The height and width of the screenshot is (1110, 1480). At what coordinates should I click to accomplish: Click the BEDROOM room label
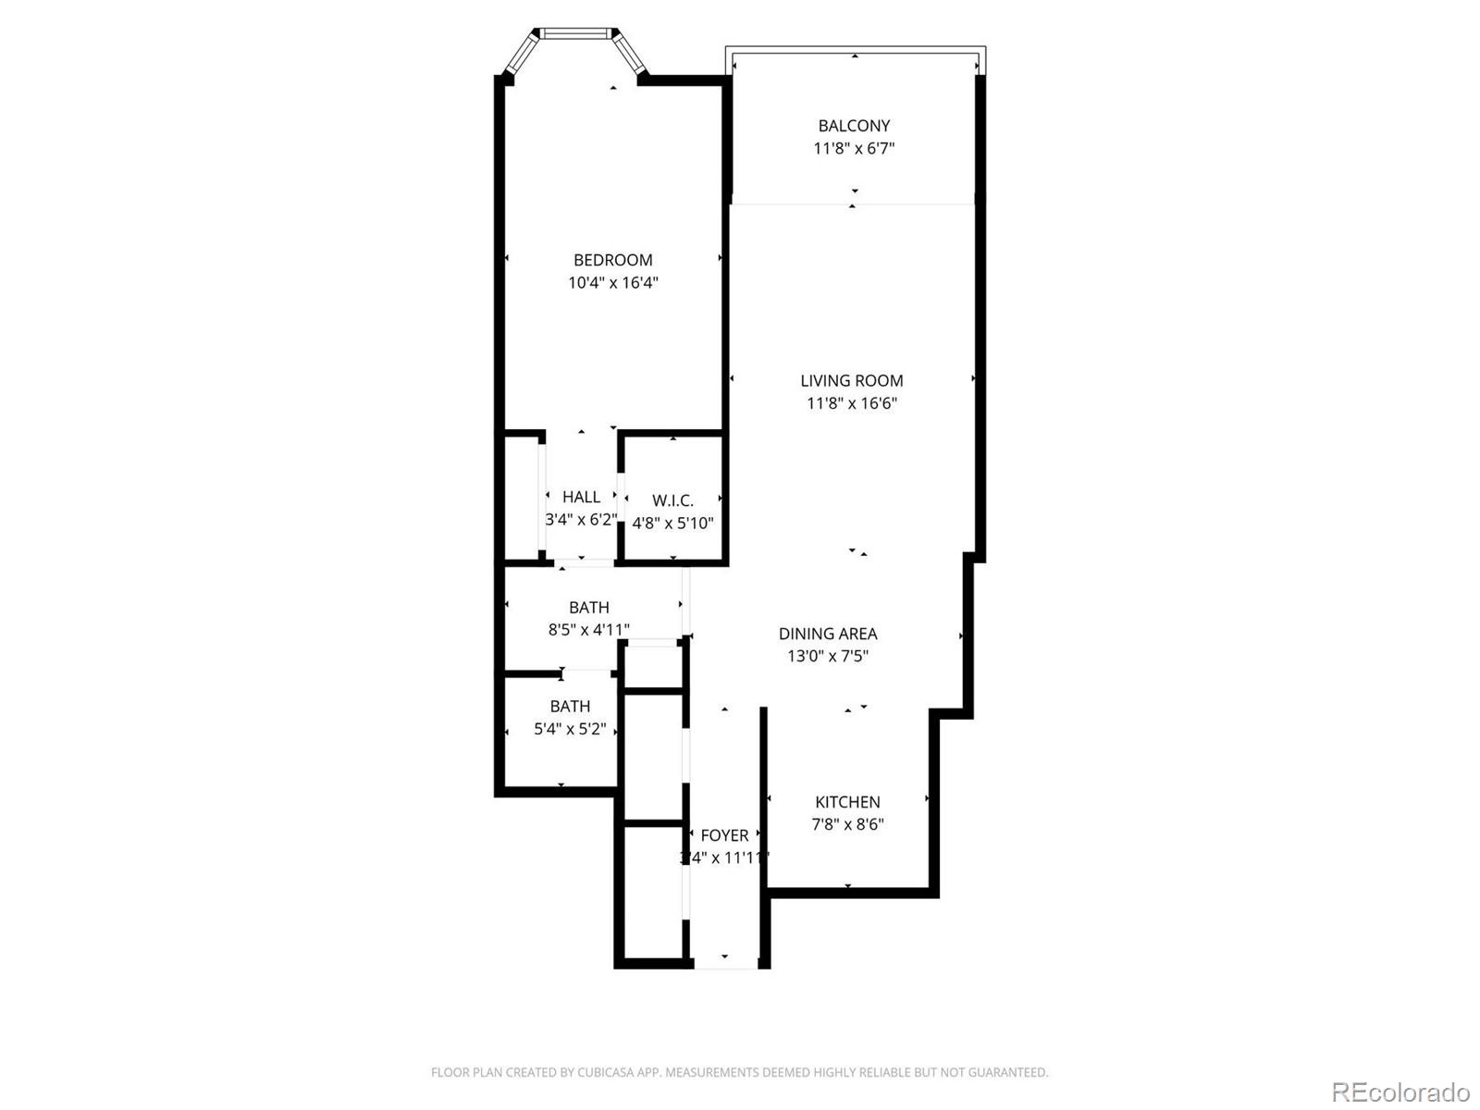(x=612, y=260)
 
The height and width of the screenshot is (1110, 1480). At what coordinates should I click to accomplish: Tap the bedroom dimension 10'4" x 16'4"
(x=612, y=283)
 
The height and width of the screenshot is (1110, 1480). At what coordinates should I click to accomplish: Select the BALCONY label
(x=854, y=126)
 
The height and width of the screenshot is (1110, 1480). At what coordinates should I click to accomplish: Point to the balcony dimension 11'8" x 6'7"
(x=854, y=148)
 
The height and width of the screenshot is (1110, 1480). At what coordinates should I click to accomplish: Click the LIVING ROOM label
(x=851, y=380)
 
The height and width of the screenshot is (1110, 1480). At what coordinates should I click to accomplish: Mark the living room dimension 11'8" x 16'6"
(x=851, y=403)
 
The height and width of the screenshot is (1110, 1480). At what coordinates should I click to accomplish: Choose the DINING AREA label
(x=827, y=634)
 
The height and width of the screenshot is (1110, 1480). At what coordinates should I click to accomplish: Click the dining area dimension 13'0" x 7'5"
(x=827, y=657)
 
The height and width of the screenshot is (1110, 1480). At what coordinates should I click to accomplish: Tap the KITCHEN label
(x=847, y=802)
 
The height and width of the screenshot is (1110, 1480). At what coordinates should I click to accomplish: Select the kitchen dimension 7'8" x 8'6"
(x=847, y=824)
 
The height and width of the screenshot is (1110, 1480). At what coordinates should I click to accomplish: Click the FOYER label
(x=724, y=835)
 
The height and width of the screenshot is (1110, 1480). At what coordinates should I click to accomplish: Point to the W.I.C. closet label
(x=672, y=500)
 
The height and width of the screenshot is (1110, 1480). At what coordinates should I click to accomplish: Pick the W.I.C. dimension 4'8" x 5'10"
(x=672, y=524)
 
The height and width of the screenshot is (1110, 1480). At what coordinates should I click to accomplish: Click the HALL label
(x=581, y=497)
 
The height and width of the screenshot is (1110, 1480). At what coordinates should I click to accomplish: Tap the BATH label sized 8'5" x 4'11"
(x=588, y=608)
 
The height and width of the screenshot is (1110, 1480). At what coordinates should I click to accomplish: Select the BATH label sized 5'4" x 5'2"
(x=570, y=706)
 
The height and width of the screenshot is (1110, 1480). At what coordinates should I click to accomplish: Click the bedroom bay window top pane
(x=575, y=34)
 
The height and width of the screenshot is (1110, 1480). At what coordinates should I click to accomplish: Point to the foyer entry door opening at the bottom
(x=726, y=965)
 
